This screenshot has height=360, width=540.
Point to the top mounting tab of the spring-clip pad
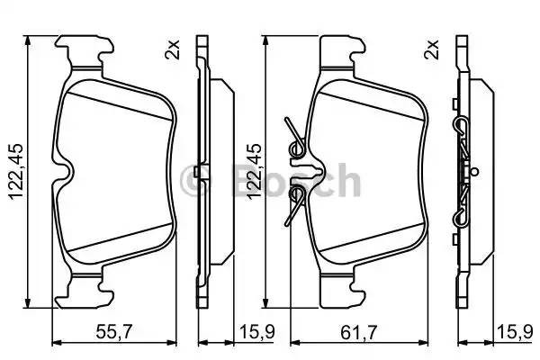tap(342, 49)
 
